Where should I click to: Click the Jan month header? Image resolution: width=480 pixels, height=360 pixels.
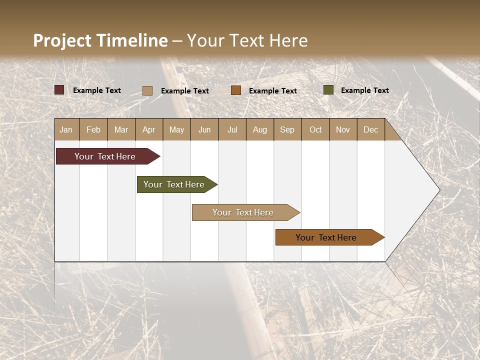[66, 129]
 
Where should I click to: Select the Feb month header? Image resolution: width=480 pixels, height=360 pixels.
[93, 129]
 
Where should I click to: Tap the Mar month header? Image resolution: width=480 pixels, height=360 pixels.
[121, 129]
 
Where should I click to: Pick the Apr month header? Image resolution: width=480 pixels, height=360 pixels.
[149, 129]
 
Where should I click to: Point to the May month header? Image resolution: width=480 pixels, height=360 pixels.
[176, 129]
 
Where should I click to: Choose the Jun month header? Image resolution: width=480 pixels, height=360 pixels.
[204, 129]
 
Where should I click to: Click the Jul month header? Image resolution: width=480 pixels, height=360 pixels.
[232, 129]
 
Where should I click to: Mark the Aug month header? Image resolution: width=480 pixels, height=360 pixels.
[260, 129]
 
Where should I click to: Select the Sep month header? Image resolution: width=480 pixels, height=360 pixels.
[287, 129]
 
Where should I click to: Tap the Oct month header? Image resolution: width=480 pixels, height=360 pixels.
[315, 129]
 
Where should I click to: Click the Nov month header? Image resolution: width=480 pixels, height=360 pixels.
[343, 129]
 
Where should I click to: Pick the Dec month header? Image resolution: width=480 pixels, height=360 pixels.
[370, 129]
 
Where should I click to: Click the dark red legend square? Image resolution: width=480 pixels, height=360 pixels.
[59, 90]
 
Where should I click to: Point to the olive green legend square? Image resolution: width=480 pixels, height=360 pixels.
[328, 90]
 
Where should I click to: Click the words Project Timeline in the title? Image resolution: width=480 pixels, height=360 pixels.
[100, 40]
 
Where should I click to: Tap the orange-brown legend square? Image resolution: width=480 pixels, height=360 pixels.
[236, 90]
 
